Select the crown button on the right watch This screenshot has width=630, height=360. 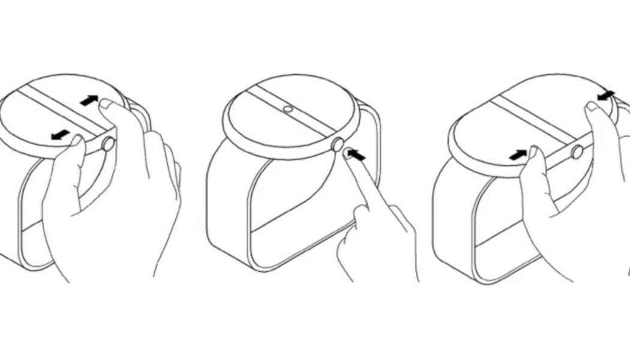577,152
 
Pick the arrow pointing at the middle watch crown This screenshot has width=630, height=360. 356,156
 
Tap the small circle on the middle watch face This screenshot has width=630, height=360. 288,110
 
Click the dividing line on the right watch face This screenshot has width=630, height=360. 528,120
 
